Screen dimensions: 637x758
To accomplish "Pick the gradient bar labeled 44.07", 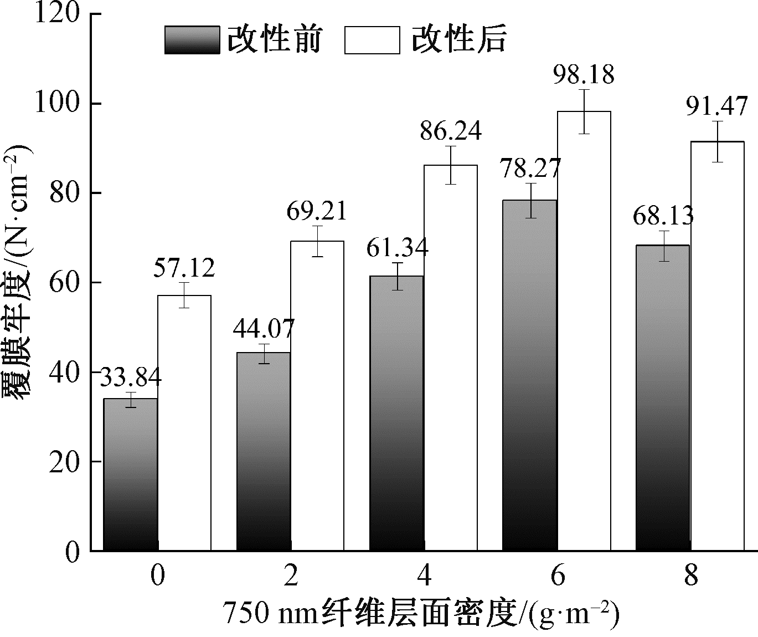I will (x=264, y=452).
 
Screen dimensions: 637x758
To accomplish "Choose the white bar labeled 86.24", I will (x=451, y=358).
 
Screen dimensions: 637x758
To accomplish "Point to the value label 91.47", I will (x=717, y=107).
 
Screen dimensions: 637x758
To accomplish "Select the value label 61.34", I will (x=398, y=247).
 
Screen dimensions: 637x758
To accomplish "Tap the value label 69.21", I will (x=317, y=211).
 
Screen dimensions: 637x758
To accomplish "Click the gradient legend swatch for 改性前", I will (x=192, y=40).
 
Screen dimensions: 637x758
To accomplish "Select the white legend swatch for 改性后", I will (x=372, y=40).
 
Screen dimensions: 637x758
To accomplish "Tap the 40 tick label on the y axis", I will (x=65, y=372).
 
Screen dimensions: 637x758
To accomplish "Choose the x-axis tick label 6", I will (x=557, y=577).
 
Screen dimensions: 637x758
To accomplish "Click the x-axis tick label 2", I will (x=290, y=577).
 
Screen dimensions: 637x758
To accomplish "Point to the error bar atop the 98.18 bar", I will (x=584, y=111).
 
